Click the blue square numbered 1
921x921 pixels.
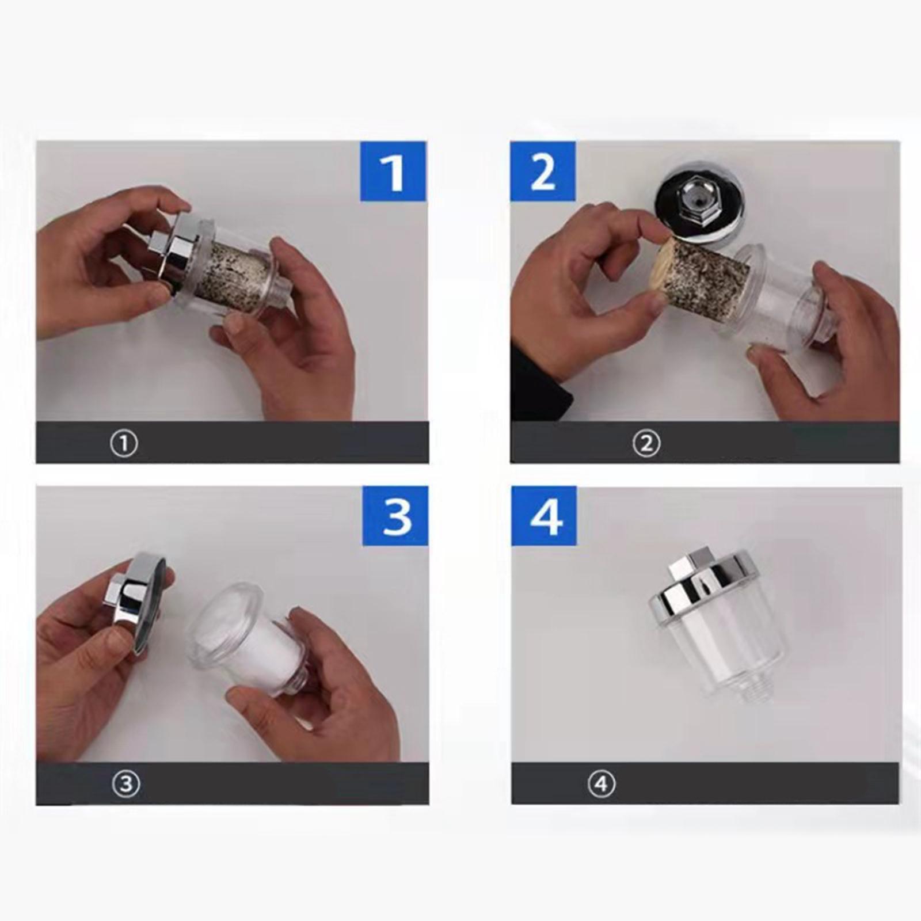tap(393, 171)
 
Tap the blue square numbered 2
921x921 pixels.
tap(543, 171)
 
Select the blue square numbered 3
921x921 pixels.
tap(395, 516)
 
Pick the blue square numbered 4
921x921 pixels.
tap(544, 516)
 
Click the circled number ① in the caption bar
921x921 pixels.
tap(124, 444)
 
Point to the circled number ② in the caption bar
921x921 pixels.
tap(646, 444)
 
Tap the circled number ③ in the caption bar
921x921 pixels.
tap(125, 784)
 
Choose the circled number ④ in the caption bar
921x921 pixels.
tap(602, 784)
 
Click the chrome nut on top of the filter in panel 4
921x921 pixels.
tap(691, 562)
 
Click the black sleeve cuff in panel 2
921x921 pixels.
tap(538, 380)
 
